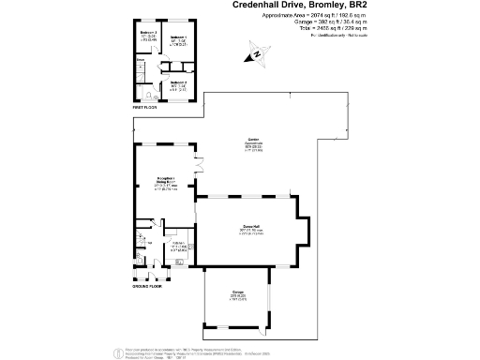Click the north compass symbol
click(x=256, y=57)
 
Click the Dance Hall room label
click(x=250, y=228)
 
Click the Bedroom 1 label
click(x=176, y=37)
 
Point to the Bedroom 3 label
click(x=146, y=35)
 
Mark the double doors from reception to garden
click(x=198, y=164)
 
